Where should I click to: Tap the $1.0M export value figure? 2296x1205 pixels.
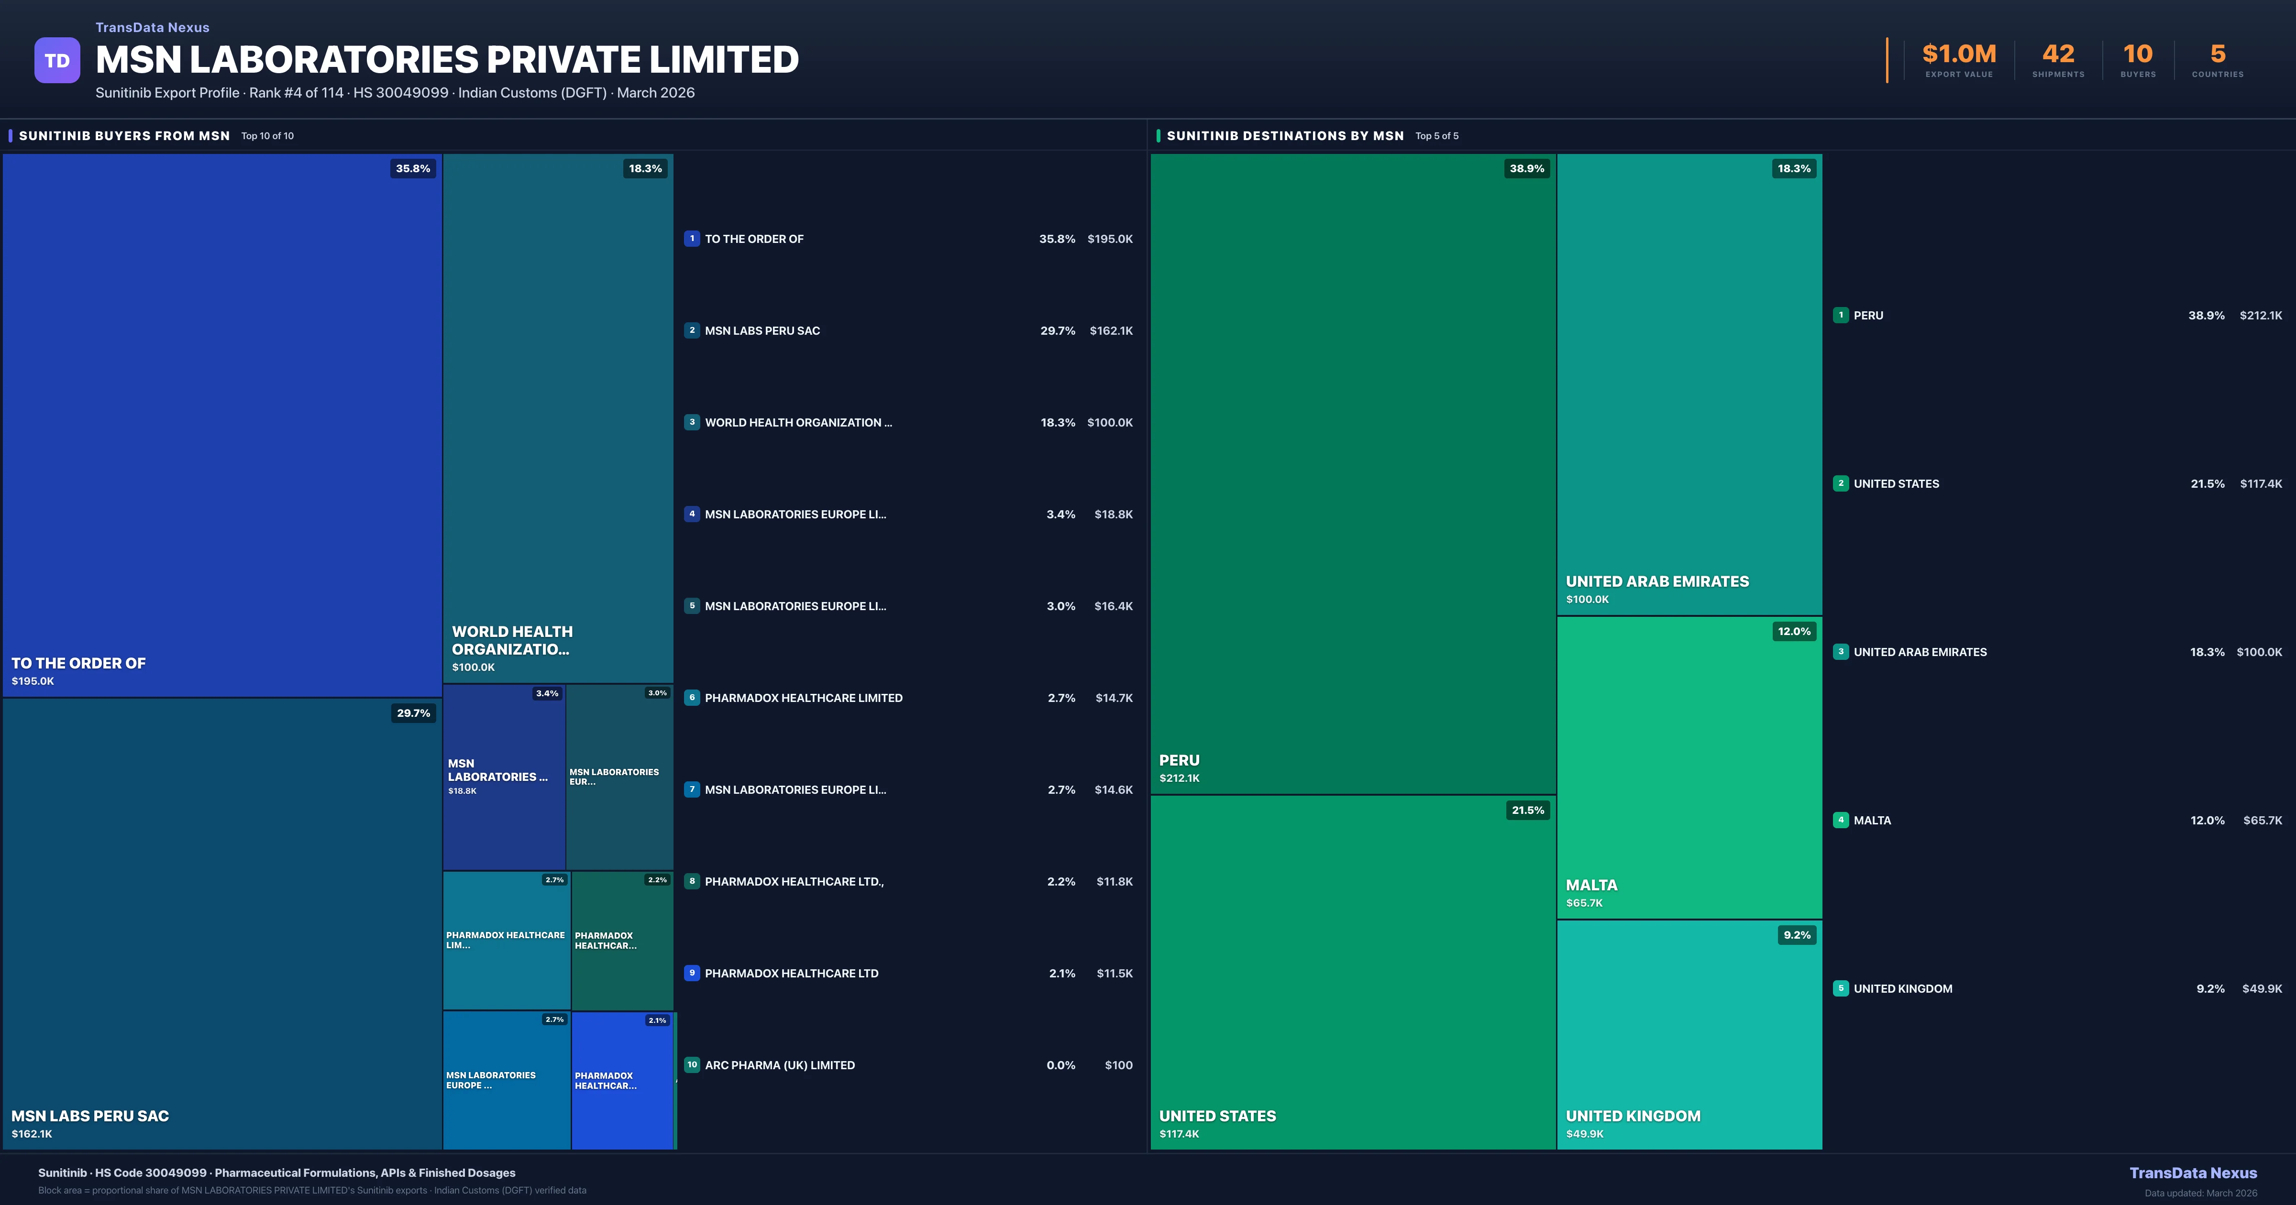[x=1958, y=55]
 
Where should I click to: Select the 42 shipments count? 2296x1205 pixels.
[x=2058, y=55]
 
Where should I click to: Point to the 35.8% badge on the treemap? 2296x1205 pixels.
[x=413, y=168]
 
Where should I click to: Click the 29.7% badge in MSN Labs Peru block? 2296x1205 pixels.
[x=413, y=713]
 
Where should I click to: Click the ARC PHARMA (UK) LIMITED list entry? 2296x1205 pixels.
[x=779, y=1065]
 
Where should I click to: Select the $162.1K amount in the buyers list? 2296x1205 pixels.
[x=1111, y=331]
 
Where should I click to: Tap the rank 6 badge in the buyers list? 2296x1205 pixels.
[x=692, y=698]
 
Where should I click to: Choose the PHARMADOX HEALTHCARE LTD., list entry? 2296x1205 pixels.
[x=794, y=881]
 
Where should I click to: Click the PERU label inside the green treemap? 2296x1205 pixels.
[x=1179, y=760]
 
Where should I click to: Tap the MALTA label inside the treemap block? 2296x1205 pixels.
[x=1591, y=885]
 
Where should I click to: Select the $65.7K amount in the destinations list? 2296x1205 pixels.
[x=2262, y=820]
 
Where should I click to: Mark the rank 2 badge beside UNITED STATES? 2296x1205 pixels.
[x=1841, y=483]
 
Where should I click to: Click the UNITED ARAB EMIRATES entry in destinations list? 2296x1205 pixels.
[x=1920, y=652]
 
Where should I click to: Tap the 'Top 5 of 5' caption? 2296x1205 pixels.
[x=1437, y=136]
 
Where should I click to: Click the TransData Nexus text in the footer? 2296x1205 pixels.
[x=2193, y=1173]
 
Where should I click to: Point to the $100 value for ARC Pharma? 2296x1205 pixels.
[x=1119, y=1065]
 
